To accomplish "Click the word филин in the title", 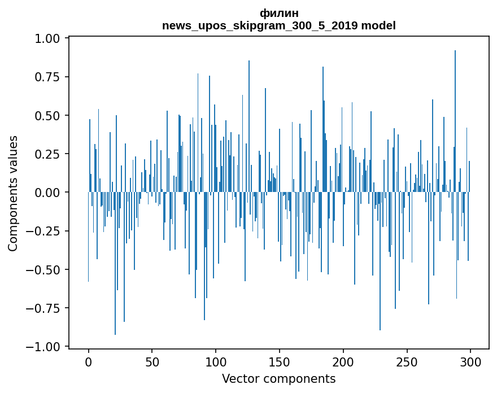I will [x=279, y=13].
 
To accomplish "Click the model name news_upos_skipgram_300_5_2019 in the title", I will [x=279, y=25].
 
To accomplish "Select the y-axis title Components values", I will [x=13, y=193].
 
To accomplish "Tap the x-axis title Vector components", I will [x=279, y=379].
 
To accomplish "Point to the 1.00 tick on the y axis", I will [x=49, y=39].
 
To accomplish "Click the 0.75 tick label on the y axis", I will [x=49, y=77].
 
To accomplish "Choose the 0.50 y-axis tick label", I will [x=49, y=116].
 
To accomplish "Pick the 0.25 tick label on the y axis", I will [x=49, y=154].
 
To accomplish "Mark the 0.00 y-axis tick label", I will [x=49, y=193].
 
